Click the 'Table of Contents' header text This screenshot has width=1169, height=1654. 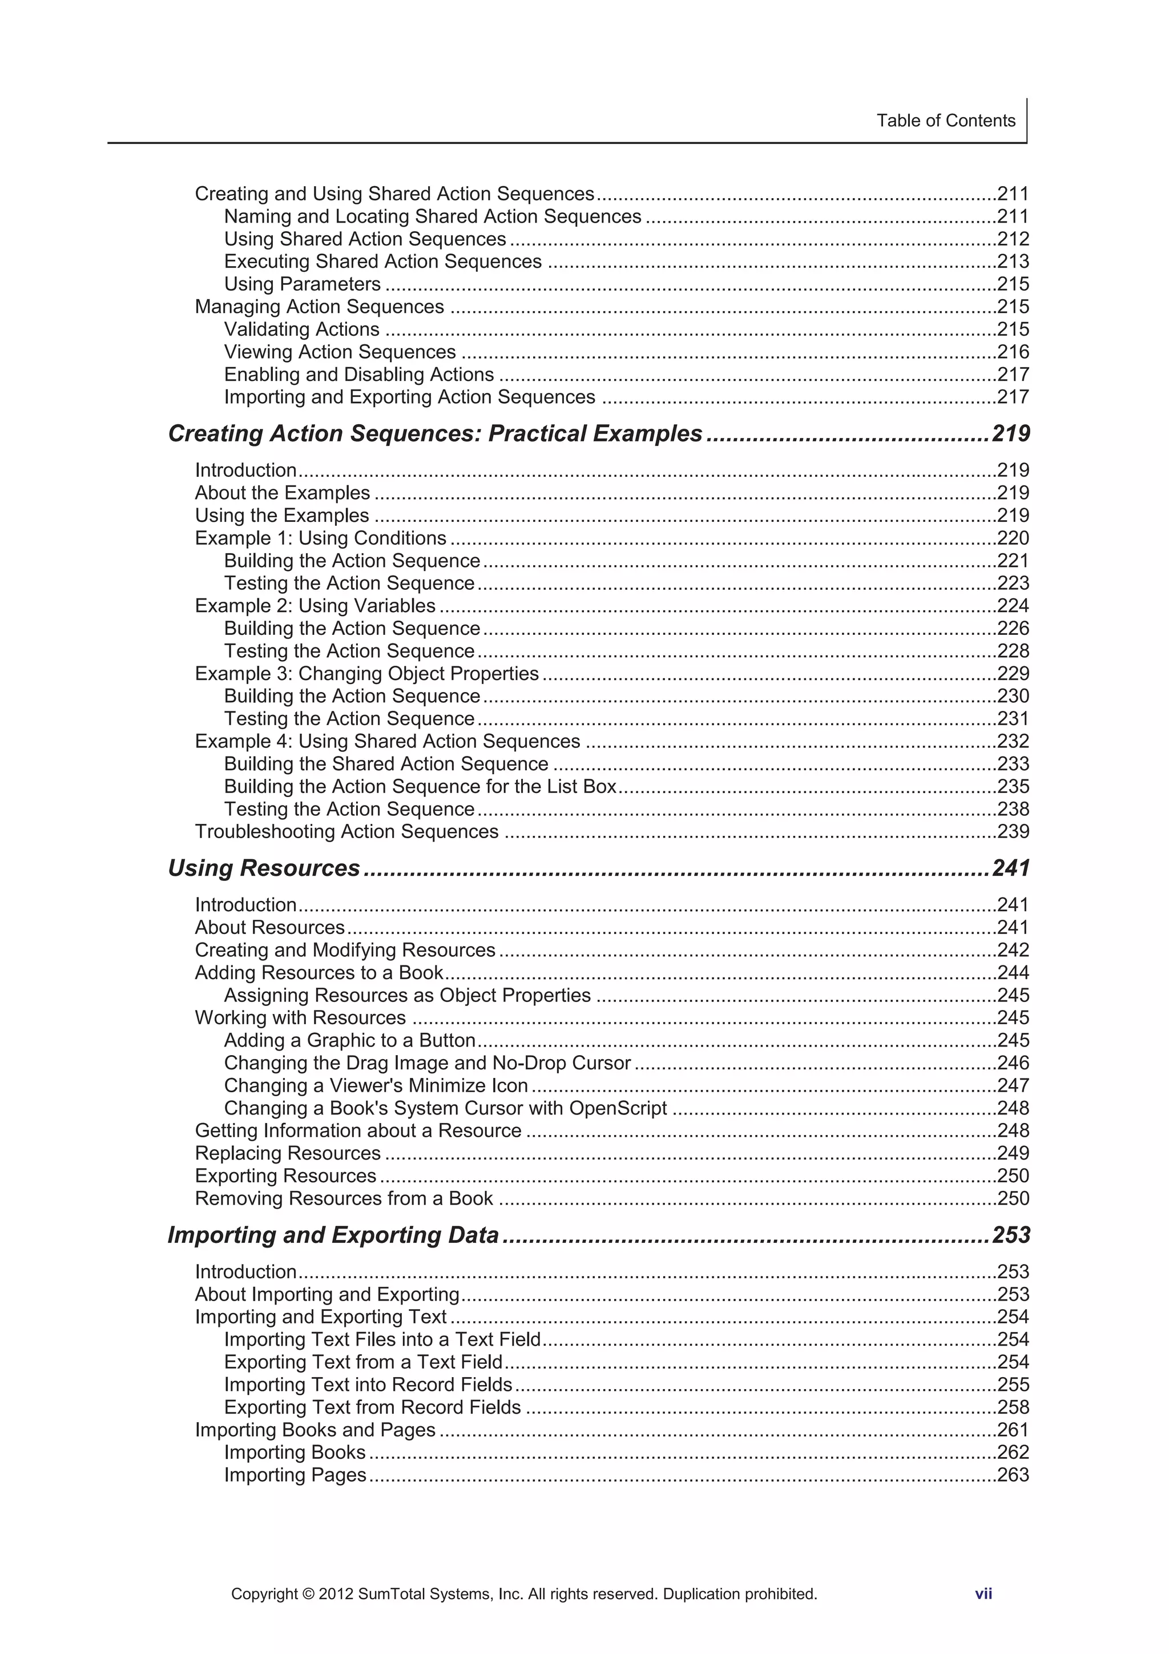coord(945,120)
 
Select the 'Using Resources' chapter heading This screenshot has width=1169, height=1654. coord(264,868)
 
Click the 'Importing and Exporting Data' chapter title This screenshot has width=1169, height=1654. coord(333,1235)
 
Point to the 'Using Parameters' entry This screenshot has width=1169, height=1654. coord(302,284)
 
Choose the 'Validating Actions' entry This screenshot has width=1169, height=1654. coord(301,329)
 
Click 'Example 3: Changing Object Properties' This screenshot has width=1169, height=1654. coord(366,674)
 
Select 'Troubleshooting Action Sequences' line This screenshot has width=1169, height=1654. coord(346,831)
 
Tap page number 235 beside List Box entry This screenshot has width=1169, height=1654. coord(1013,786)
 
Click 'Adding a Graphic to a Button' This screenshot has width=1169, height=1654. coord(349,1040)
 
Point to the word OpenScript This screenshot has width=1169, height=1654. coord(617,1108)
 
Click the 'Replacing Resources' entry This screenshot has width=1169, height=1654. coord(287,1153)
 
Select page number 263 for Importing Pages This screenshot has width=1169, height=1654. coord(1013,1475)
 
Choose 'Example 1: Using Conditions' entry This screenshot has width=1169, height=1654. coord(321,538)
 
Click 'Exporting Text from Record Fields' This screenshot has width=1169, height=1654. coord(372,1407)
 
